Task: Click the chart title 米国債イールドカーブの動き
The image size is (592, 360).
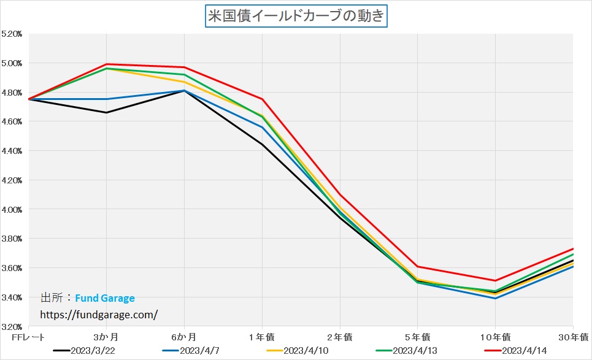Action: coord(296,15)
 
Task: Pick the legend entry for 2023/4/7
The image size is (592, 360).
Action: coord(196,351)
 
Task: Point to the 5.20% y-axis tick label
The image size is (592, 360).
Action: coord(12,34)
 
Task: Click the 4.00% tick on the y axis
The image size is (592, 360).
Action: coord(12,209)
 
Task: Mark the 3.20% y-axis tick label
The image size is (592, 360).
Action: coord(12,326)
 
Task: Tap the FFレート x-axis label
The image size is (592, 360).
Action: coord(25,337)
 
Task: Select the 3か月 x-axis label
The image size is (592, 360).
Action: coord(106,337)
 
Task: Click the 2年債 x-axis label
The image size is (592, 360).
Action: coord(340,337)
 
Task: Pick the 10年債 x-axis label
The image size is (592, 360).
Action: coord(494,337)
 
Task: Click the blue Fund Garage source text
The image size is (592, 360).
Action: coord(105,298)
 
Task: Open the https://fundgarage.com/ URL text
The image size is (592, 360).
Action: coord(99,314)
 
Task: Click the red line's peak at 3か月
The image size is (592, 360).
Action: coord(107,64)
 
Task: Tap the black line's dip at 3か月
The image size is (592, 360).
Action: coord(107,112)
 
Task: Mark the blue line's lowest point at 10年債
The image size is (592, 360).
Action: coord(495,298)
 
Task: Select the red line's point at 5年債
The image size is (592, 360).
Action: coord(418,266)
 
